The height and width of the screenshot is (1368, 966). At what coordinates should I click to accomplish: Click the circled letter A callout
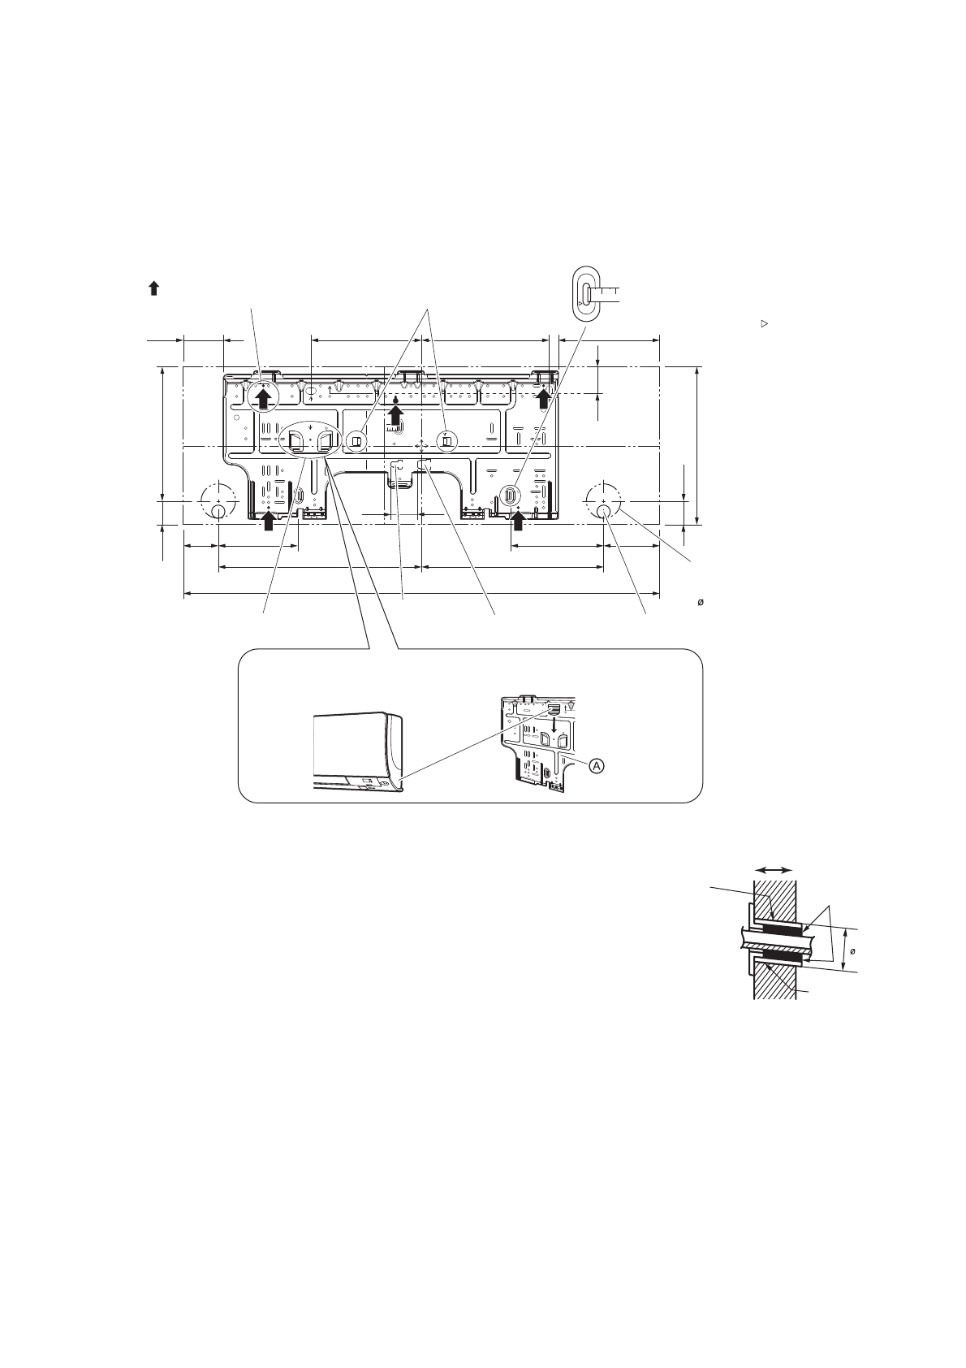[x=597, y=764]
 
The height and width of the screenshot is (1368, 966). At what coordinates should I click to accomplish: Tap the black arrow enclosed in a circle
[x=263, y=399]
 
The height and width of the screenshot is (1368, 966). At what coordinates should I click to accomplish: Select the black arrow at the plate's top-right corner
[x=543, y=400]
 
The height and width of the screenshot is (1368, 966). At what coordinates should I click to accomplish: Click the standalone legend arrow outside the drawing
[x=153, y=289]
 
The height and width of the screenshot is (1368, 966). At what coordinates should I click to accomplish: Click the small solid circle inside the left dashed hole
[x=218, y=510]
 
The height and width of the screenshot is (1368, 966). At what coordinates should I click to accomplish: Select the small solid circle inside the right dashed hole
[x=603, y=510]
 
